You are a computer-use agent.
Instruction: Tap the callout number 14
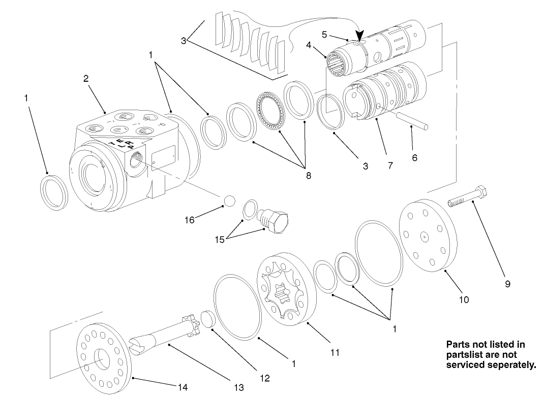(x=182, y=387)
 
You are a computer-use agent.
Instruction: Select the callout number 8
(x=308, y=176)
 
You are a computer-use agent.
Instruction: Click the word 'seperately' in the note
(x=508, y=364)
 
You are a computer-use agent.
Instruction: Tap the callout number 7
(x=390, y=165)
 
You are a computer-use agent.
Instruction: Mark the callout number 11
(x=335, y=352)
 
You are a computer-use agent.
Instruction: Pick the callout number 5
(x=324, y=34)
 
